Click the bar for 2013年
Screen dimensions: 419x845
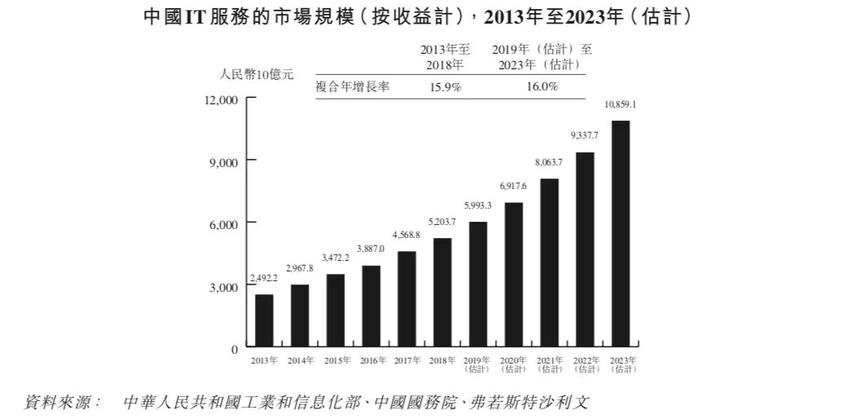click(264, 320)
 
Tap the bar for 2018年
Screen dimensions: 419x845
click(442, 292)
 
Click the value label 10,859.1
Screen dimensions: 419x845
click(620, 105)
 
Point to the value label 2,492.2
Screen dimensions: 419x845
click(264, 278)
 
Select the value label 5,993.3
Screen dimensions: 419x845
click(478, 205)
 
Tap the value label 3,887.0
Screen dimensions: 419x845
click(370, 249)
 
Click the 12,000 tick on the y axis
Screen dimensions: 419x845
click(221, 99)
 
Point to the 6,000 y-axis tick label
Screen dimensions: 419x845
click(224, 223)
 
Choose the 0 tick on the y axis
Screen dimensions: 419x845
click(234, 349)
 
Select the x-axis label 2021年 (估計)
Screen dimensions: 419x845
click(549, 364)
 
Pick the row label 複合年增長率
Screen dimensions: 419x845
click(353, 87)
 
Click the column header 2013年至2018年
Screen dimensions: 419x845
click(445, 56)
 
